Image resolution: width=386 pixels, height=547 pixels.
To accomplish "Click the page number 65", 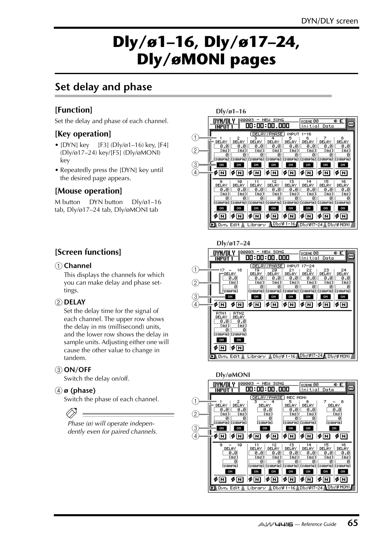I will click(x=352, y=523).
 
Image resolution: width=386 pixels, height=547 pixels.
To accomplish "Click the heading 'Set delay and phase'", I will click(x=104, y=87).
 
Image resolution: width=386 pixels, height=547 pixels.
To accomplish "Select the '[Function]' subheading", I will click(x=74, y=110).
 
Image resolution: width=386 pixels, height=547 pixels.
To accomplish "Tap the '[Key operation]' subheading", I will click(x=83, y=134).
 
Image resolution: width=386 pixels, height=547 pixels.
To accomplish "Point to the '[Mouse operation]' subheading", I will click(x=88, y=191).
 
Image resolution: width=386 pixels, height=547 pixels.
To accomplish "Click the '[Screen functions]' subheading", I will click(x=88, y=252).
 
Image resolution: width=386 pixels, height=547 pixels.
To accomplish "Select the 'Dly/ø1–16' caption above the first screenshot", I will click(x=231, y=111).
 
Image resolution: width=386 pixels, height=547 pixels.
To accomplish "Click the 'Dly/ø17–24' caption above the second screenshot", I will click(x=233, y=243).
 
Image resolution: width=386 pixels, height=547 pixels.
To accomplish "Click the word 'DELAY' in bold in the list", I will click(x=75, y=302).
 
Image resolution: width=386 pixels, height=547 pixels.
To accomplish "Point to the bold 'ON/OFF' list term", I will click(x=78, y=370).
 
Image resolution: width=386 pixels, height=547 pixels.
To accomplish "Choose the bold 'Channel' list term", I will click(x=78, y=266).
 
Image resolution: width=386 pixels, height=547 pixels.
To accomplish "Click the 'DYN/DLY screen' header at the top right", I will click(x=330, y=21).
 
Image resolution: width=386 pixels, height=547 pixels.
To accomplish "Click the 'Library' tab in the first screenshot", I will click(x=256, y=225).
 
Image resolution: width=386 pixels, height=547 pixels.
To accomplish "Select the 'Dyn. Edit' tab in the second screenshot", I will click(x=229, y=356).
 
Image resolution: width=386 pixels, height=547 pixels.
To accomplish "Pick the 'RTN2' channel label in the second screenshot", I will click(x=239, y=313).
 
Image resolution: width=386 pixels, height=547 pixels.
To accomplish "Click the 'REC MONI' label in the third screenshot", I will click(x=296, y=398).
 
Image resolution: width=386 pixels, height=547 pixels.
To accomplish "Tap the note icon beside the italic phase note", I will click(x=71, y=414).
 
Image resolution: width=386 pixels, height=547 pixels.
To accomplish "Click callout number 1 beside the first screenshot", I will click(x=195, y=137).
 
